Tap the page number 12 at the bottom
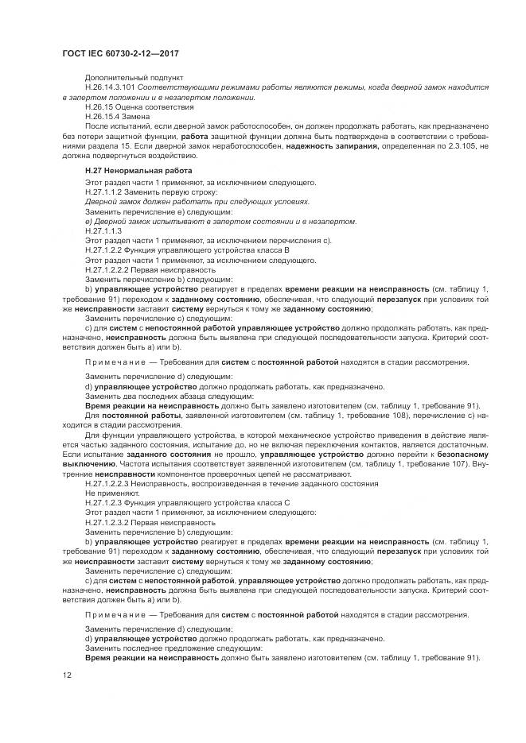68,675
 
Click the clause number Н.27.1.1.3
103,230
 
